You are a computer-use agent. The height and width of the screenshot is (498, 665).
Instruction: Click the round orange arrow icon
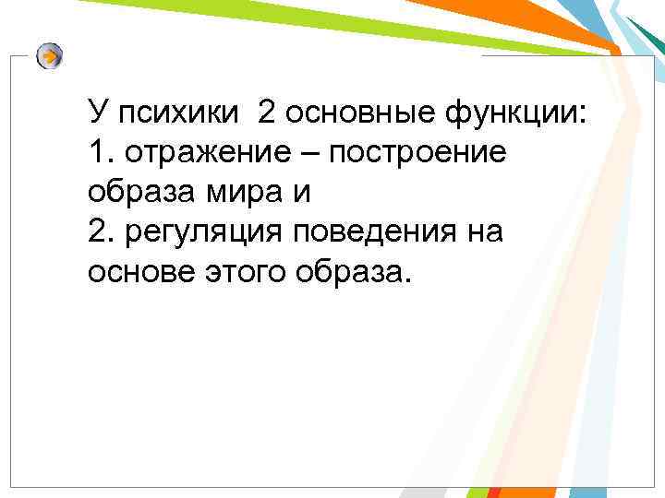(x=51, y=56)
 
